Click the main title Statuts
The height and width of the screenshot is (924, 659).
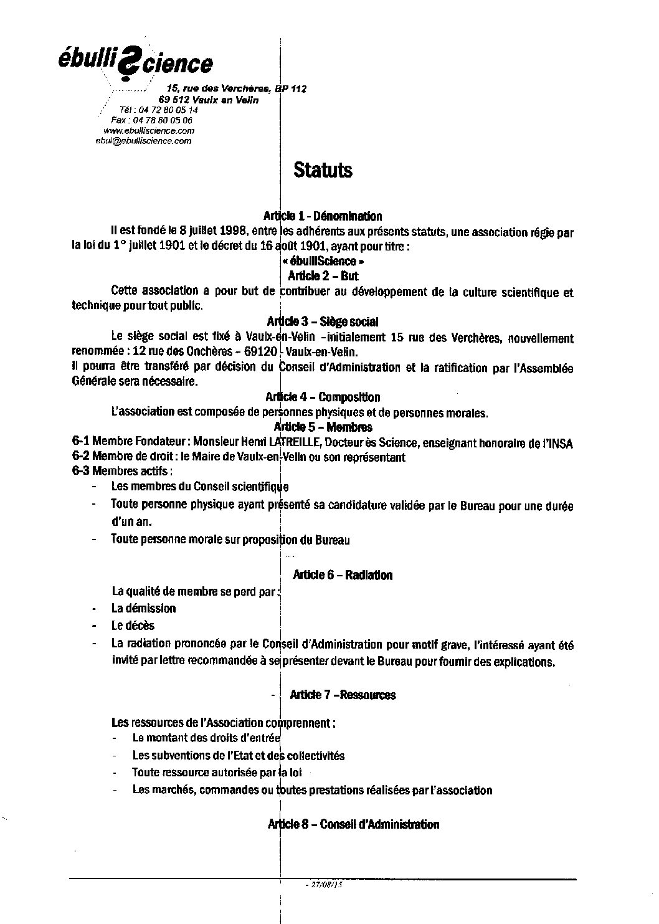click(x=323, y=170)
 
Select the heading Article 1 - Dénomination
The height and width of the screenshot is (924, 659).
click(x=323, y=217)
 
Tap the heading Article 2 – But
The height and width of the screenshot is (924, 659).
click(x=323, y=276)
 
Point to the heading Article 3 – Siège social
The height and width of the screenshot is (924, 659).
click(x=323, y=322)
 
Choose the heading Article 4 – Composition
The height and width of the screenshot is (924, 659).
click(x=323, y=398)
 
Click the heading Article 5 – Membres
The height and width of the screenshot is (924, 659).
click(x=323, y=427)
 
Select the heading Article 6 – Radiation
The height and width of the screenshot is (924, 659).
click(x=341, y=575)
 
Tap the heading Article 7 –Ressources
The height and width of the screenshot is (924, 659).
click(x=343, y=695)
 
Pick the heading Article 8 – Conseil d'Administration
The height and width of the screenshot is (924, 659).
click(x=353, y=824)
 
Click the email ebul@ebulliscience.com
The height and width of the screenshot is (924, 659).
click(x=143, y=141)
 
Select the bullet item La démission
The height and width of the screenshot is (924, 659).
click(x=143, y=609)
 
